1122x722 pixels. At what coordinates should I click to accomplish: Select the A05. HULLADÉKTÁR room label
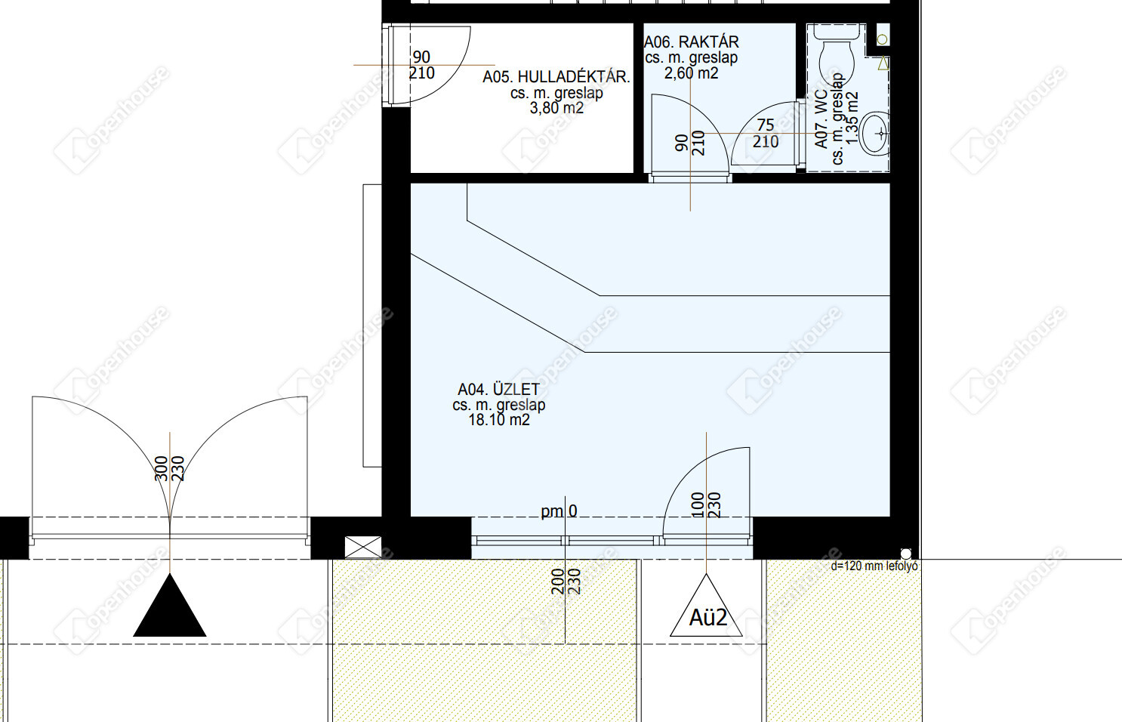coord(556,77)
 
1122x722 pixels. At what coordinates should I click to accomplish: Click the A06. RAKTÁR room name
coord(691,42)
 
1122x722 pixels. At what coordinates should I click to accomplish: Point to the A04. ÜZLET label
coord(499,389)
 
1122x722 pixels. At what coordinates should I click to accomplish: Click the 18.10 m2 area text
coord(499,420)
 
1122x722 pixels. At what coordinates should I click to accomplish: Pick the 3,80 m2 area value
coord(556,108)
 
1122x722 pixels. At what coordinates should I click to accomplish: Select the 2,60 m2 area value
coord(691,74)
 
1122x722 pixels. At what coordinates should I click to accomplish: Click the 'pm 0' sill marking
coord(559,511)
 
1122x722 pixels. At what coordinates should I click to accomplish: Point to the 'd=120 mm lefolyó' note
coord(874,566)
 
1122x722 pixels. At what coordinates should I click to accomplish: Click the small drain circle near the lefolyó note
coord(905,554)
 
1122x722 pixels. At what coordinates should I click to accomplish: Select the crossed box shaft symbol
coord(363,547)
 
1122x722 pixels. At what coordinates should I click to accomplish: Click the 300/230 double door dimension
coord(170,468)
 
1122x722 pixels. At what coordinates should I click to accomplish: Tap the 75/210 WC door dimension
coord(766,133)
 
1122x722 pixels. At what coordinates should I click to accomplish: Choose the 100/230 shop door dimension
coord(706,504)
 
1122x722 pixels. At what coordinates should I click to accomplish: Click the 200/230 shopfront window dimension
coord(566,582)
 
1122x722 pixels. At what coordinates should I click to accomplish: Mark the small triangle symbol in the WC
coord(883,63)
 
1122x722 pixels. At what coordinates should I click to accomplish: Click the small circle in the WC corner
coord(883,39)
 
